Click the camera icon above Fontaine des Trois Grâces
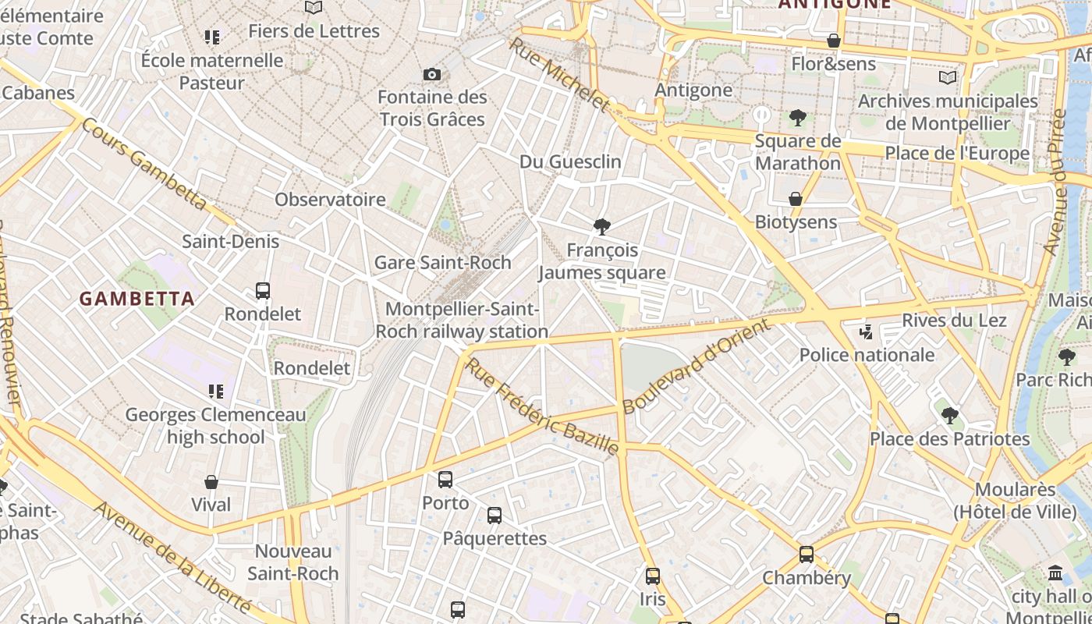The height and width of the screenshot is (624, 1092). tap(432, 74)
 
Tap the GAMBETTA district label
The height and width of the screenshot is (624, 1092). tap(137, 299)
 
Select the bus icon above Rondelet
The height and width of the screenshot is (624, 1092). tap(263, 291)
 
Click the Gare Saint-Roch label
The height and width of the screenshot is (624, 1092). tap(442, 263)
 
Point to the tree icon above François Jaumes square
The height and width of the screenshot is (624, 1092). tap(601, 227)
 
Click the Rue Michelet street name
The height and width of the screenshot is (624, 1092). tap(558, 75)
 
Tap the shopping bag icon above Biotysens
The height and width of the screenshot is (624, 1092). tap(796, 199)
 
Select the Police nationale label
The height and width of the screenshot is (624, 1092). tap(867, 356)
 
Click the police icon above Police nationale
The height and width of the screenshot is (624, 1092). tap(866, 332)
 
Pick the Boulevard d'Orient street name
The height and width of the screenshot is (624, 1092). tap(696, 367)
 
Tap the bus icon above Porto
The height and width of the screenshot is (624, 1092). tap(445, 480)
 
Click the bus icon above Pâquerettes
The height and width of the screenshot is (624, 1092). tap(495, 515)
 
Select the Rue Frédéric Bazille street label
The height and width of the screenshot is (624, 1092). tap(542, 406)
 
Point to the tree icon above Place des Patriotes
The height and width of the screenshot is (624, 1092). tap(949, 415)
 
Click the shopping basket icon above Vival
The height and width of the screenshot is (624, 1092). tap(211, 482)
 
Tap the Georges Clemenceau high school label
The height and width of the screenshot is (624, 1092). tap(216, 426)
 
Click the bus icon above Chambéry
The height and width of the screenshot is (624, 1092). tap(807, 555)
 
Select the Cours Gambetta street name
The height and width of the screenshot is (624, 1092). tap(145, 165)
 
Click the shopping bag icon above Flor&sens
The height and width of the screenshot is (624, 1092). tap(834, 41)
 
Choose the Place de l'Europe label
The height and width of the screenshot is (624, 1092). tap(957, 154)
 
